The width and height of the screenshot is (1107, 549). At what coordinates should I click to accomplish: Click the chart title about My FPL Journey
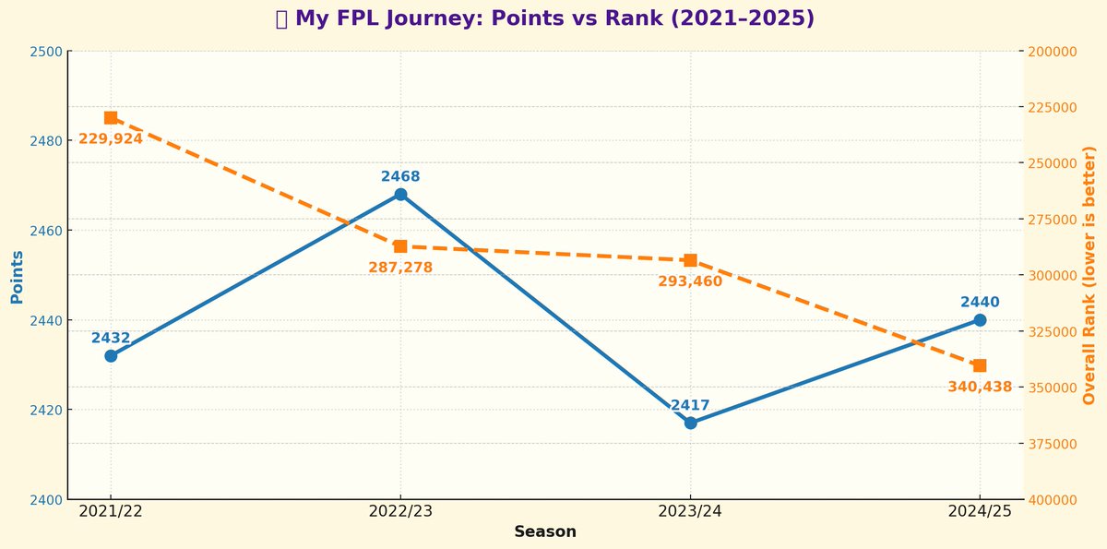[x=544, y=18]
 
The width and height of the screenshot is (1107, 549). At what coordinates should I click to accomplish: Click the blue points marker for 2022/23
[x=400, y=195]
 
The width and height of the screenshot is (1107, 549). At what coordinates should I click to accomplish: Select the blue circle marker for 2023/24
[x=690, y=423]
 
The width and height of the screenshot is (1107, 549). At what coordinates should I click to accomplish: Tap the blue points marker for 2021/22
[x=111, y=355]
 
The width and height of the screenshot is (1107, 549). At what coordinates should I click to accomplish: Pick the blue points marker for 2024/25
[x=980, y=320]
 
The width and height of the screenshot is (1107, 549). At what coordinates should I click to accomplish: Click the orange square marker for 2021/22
[x=111, y=117]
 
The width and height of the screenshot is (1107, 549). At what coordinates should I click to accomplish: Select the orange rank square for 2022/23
[x=400, y=246]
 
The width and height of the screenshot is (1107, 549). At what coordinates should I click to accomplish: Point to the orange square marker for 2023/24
[x=690, y=260]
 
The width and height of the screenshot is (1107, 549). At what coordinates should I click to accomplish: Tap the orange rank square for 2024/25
[x=980, y=365]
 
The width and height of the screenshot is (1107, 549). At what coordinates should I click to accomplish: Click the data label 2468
[x=400, y=176]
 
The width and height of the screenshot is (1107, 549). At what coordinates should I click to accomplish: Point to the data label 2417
[x=690, y=405]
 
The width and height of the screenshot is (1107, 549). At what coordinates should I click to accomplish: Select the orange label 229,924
[x=111, y=139]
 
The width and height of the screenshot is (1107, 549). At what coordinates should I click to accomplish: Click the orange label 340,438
[x=980, y=388]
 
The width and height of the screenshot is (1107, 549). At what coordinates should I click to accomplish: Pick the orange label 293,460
[x=690, y=281]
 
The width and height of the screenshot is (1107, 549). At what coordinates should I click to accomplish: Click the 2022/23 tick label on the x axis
[x=400, y=511]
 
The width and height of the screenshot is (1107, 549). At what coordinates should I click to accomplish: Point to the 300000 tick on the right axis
[x=1053, y=275]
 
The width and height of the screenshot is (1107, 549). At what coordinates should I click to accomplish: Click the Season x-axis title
[x=545, y=532]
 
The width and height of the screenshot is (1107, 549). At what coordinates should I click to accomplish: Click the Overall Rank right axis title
[x=1089, y=275]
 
